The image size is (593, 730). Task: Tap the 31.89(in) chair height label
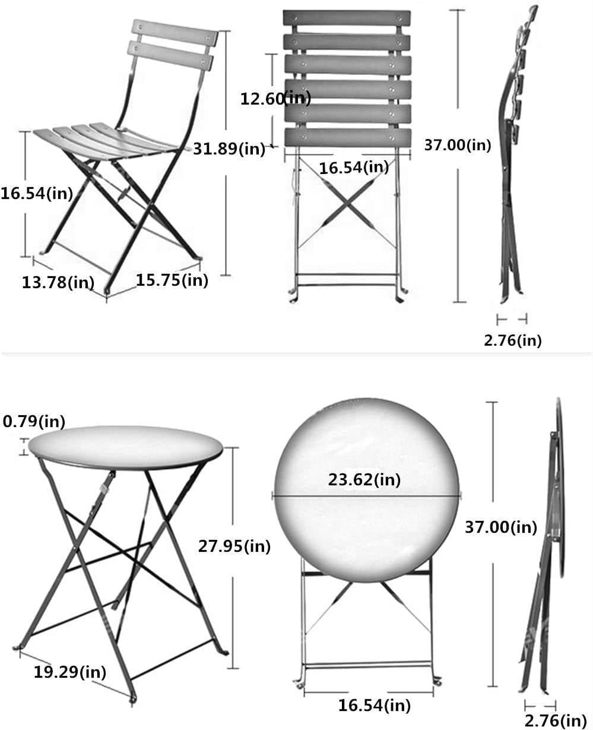click(229, 148)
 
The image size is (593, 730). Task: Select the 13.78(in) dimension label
click(58, 283)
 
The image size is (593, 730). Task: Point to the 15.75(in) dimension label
click(172, 280)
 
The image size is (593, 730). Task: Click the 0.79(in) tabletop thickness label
click(34, 422)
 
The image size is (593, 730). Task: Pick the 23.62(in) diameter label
click(367, 479)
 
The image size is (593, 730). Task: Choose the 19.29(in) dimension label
click(69, 672)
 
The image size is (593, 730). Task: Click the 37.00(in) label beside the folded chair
click(458, 145)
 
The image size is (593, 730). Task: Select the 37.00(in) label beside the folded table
click(501, 527)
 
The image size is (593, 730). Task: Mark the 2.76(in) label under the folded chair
click(512, 340)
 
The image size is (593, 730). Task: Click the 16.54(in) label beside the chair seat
click(37, 193)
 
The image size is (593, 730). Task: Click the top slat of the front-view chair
click(347, 18)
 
